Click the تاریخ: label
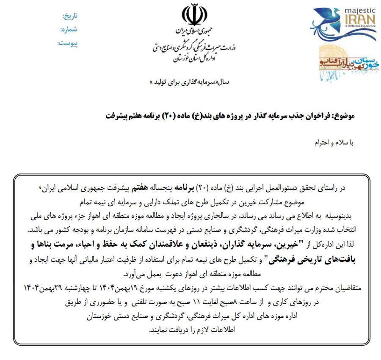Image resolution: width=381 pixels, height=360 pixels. click(x=70, y=16)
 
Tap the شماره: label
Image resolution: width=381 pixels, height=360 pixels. click(x=69, y=30)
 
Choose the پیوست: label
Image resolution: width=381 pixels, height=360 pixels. click(x=68, y=43)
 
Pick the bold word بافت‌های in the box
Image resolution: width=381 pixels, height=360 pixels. click(x=338, y=260)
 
